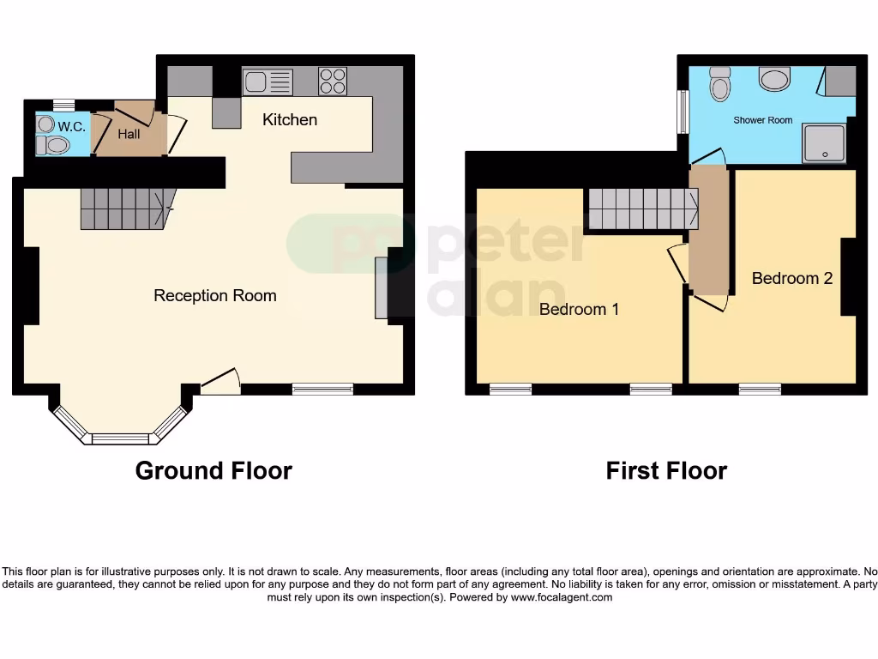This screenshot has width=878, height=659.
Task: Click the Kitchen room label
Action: [290, 119]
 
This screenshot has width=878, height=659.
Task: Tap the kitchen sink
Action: [268, 82]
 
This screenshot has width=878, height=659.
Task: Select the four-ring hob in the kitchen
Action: [333, 81]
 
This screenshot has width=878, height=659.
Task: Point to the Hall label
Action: [129, 134]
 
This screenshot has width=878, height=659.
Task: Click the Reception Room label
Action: [214, 296]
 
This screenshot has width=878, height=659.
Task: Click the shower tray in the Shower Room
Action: [824, 143]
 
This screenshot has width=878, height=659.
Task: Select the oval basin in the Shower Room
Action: [775, 80]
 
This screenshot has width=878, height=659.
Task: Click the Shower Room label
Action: [762, 120]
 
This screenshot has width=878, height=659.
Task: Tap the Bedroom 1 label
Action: [579, 309]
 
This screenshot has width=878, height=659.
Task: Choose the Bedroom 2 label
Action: [792, 278]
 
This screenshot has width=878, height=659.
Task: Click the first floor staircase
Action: [642, 209]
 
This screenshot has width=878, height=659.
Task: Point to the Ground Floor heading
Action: [213, 470]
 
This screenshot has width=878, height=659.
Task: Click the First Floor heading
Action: [666, 470]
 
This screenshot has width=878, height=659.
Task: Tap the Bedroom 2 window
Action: [760, 389]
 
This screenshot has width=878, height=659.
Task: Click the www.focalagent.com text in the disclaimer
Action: [562, 597]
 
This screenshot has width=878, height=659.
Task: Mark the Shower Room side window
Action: [683, 112]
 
